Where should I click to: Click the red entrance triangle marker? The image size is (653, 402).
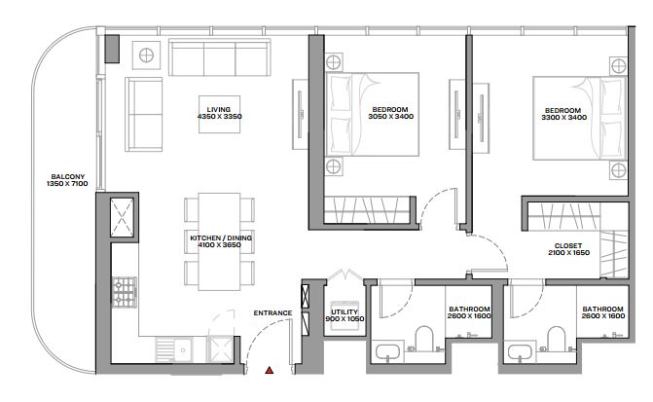(x=270, y=370)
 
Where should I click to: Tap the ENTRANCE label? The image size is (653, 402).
(x=272, y=312)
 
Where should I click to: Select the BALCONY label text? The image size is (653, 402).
(x=68, y=176)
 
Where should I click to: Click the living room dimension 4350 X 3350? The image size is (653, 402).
(x=220, y=117)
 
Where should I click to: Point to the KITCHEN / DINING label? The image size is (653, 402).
(x=221, y=238)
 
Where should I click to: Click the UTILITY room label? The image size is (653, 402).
(x=345, y=312)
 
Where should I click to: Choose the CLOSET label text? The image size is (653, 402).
(x=568, y=246)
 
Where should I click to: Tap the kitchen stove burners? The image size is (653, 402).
(x=125, y=292)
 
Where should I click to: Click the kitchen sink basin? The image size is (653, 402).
(x=183, y=350)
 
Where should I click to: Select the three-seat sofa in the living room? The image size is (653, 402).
(x=220, y=57)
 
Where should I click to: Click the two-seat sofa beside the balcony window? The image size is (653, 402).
(x=144, y=114)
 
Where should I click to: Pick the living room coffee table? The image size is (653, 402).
(x=220, y=114)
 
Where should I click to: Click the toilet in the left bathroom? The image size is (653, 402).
(x=424, y=339)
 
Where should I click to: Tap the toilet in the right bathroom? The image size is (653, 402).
(x=556, y=339)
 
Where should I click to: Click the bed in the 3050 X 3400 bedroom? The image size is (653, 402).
(x=372, y=114)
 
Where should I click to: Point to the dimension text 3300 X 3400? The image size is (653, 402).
(x=563, y=118)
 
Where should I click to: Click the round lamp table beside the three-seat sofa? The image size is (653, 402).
(x=146, y=55)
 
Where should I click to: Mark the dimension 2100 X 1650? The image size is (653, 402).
(x=569, y=252)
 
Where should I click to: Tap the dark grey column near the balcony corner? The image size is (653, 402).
(x=112, y=50)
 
